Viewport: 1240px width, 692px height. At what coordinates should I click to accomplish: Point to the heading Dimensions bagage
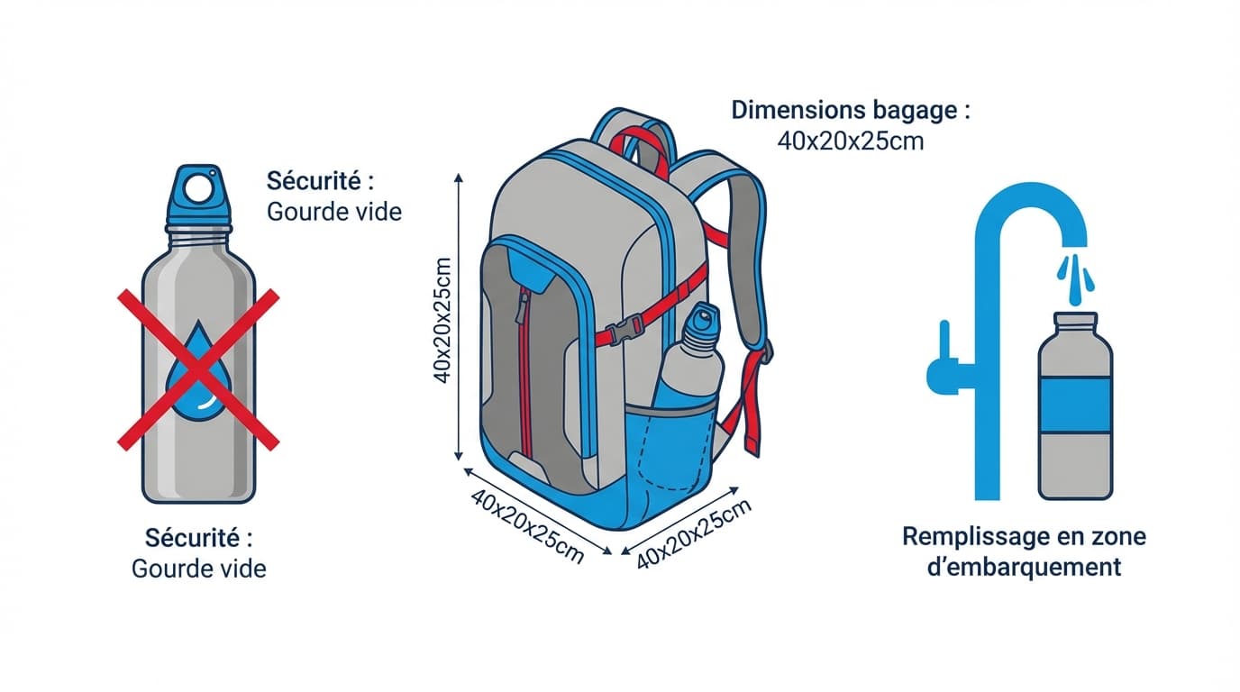tap(851, 112)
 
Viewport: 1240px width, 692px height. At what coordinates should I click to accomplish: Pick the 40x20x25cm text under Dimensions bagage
tap(850, 141)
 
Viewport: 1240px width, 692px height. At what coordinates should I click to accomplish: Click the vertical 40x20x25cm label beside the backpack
tap(442, 320)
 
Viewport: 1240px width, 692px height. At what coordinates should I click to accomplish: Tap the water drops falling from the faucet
tap(1074, 275)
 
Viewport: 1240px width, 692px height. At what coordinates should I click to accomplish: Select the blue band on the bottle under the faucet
tap(1074, 405)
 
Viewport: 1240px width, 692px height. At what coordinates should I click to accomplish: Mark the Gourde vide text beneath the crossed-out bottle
tap(199, 569)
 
